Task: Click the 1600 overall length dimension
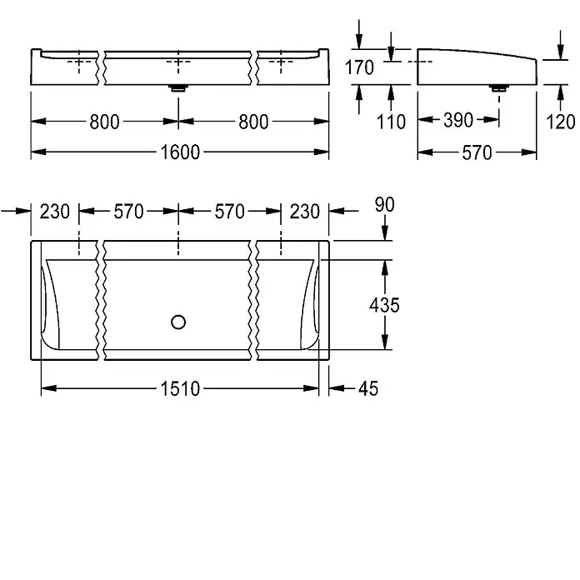[180, 152]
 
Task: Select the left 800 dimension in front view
[105, 122]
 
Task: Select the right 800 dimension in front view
[253, 122]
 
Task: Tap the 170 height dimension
[359, 67]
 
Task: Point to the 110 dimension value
[391, 122]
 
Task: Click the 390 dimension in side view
[458, 120]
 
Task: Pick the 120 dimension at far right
[560, 122]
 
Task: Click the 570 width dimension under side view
[477, 152]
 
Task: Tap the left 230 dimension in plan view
[55, 212]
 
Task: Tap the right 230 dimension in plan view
[305, 212]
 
